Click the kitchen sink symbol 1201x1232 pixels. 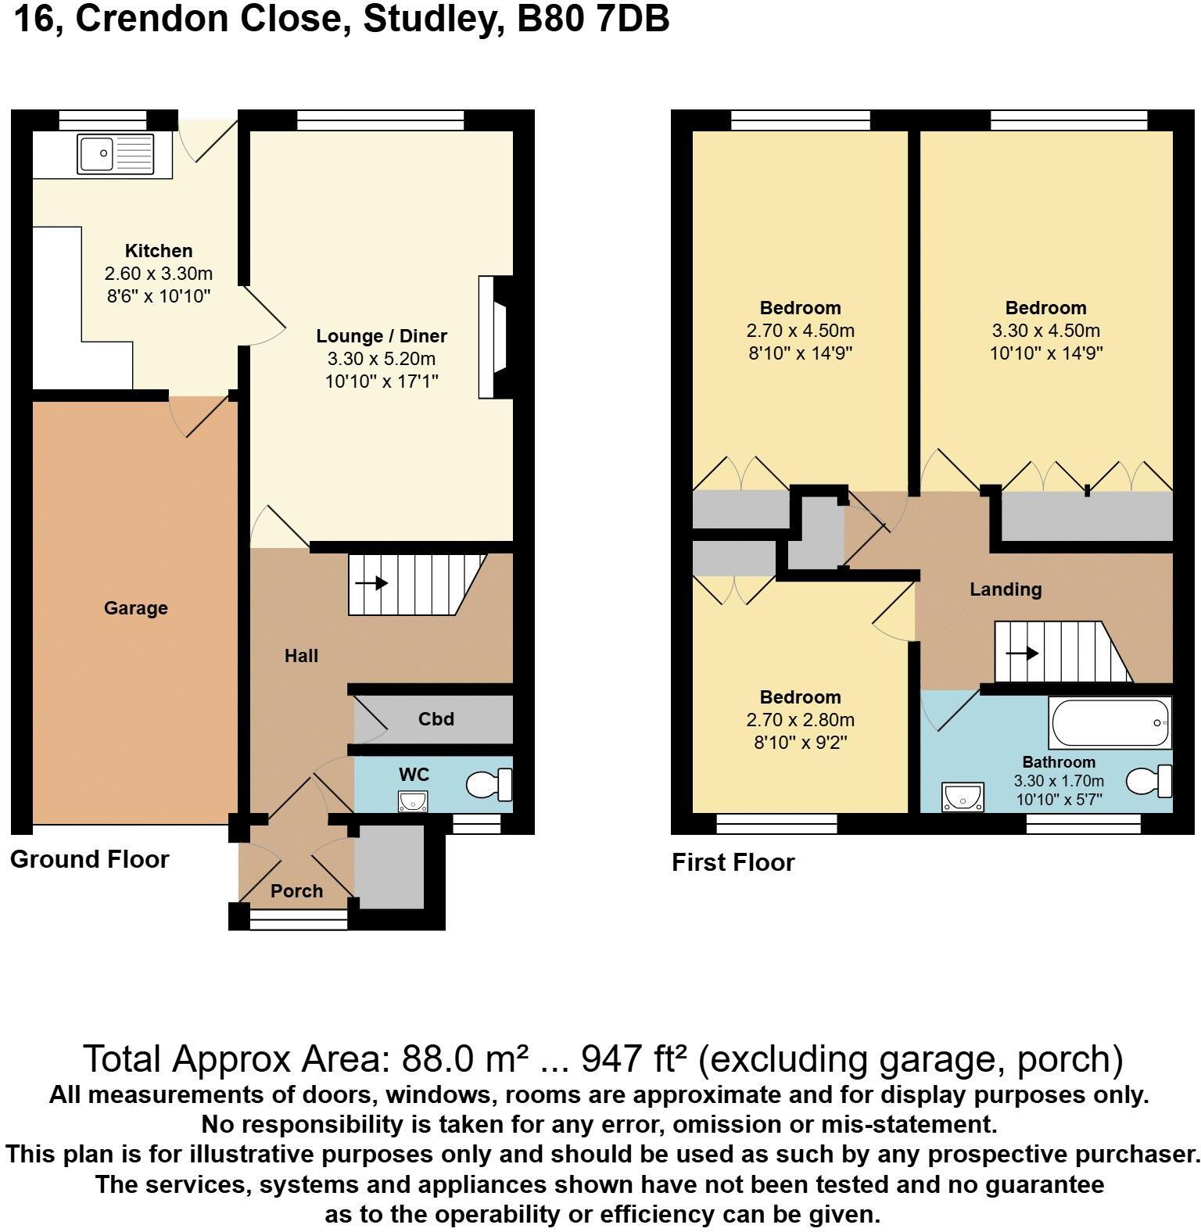click(116, 153)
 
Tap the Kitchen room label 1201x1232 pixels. click(159, 251)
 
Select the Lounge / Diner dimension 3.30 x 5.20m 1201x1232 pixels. click(382, 359)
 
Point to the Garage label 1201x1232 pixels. click(136, 608)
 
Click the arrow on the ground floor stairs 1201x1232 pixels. click(372, 583)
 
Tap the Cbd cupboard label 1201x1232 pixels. click(436, 719)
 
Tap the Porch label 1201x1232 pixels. click(296, 891)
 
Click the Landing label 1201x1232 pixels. click(1006, 589)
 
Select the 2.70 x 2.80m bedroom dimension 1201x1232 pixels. click(800, 720)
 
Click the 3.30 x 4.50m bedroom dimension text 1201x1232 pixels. click(1045, 331)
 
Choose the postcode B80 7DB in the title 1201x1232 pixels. click(593, 20)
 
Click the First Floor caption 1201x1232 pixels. click(733, 862)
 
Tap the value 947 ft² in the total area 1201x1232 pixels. click(634, 1059)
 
